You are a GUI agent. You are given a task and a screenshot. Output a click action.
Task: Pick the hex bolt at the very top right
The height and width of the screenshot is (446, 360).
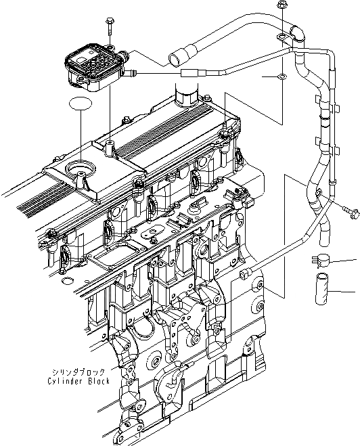281,8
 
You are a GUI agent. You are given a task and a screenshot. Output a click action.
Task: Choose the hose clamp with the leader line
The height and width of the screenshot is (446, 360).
320,259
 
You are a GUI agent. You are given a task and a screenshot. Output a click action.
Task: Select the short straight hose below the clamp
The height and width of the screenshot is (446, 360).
323,289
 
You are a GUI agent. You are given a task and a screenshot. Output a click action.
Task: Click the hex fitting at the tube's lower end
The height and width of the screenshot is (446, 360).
245,273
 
